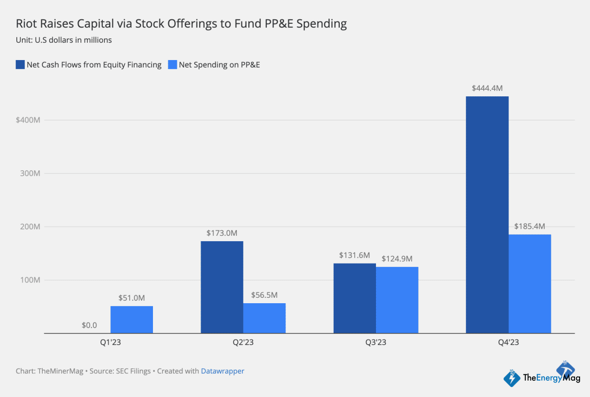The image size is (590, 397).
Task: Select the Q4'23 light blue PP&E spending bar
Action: (x=529, y=283)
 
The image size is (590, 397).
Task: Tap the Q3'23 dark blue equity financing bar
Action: (x=354, y=298)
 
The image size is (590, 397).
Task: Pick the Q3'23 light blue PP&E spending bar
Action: (x=397, y=300)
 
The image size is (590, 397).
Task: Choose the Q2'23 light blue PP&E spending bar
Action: (x=264, y=318)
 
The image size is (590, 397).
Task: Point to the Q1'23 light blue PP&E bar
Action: (x=132, y=320)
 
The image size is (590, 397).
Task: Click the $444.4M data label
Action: (x=487, y=88)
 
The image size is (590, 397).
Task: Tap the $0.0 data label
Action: (x=89, y=326)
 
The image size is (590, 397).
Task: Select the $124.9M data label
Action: (x=397, y=259)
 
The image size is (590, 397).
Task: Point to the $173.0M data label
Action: (x=221, y=233)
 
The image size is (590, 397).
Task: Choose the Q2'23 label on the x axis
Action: (x=243, y=342)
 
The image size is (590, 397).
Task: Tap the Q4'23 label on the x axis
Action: (x=508, y=342)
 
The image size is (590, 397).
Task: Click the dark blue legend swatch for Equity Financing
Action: (x=20, y=65)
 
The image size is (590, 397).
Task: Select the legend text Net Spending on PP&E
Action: (x=219, y=65)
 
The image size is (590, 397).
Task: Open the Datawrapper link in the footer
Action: (x=222, y=371)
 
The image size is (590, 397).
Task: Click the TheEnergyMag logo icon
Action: (x=512, y=378)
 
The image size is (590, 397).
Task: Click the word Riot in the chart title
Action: (x=25, y=24)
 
